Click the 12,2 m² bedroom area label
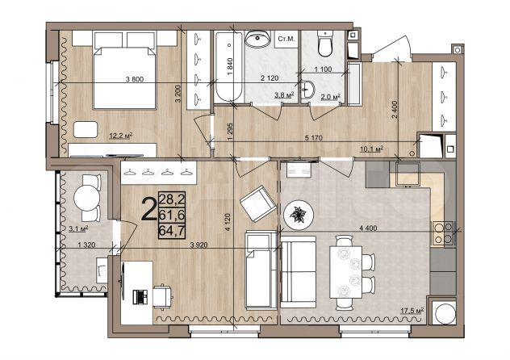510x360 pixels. [119, 136]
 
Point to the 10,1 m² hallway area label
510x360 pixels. [369, 149]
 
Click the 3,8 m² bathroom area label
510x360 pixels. [282, 95]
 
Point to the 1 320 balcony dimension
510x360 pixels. [77, 244]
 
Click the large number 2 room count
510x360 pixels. [148, 211]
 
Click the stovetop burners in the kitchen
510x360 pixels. [442, 232]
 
